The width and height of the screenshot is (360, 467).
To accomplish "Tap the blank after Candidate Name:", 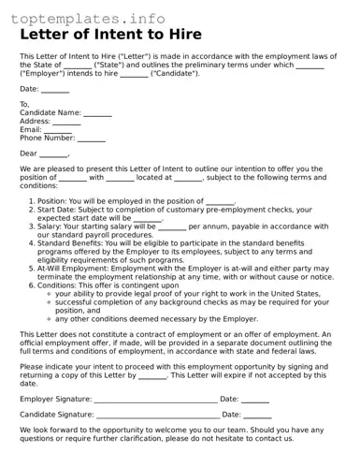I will (98, 113).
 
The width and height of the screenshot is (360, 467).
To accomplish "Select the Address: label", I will (35, 122).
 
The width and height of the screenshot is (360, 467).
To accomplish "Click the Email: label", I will (31, 130).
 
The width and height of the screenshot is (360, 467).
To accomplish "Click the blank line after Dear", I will (54, 154).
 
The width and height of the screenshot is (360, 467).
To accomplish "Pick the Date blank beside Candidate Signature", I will (257, 414).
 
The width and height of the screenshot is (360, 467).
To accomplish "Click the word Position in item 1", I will (52, 201).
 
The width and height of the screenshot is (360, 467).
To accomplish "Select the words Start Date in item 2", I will (58, 210).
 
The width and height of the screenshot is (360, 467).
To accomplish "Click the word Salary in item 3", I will (50, 226).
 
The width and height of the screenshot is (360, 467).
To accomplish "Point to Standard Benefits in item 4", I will (74, 243).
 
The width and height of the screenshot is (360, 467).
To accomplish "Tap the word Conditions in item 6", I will (58, 285).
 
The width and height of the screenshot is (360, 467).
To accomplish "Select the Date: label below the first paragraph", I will (29, 89).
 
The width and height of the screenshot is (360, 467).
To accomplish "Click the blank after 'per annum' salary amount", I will (172, 226).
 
